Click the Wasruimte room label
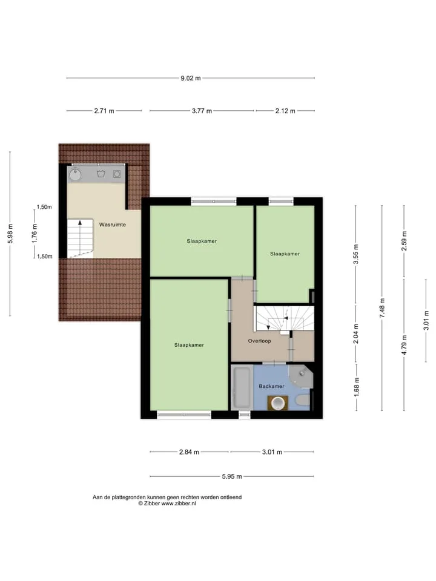point(113,225)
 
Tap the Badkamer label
point(271,386)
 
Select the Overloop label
point(260,341)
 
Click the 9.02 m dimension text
point(191,78)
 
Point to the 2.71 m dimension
point(104,111)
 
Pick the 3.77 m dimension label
point(202,111)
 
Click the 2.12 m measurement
point(285,111)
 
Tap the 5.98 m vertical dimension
point(10,234)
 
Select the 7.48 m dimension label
point(382,308)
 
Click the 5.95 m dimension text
point(232,476)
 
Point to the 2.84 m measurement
point(189,452)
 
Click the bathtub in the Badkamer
point(242,387)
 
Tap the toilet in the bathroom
point(303,401)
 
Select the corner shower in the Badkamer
point(301,376)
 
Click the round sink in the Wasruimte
point(76,174)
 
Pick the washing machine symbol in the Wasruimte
point(117,174)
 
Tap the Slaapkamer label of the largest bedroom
point(189,345)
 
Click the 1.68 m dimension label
point(357,387)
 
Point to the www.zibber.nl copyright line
point(167,504)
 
